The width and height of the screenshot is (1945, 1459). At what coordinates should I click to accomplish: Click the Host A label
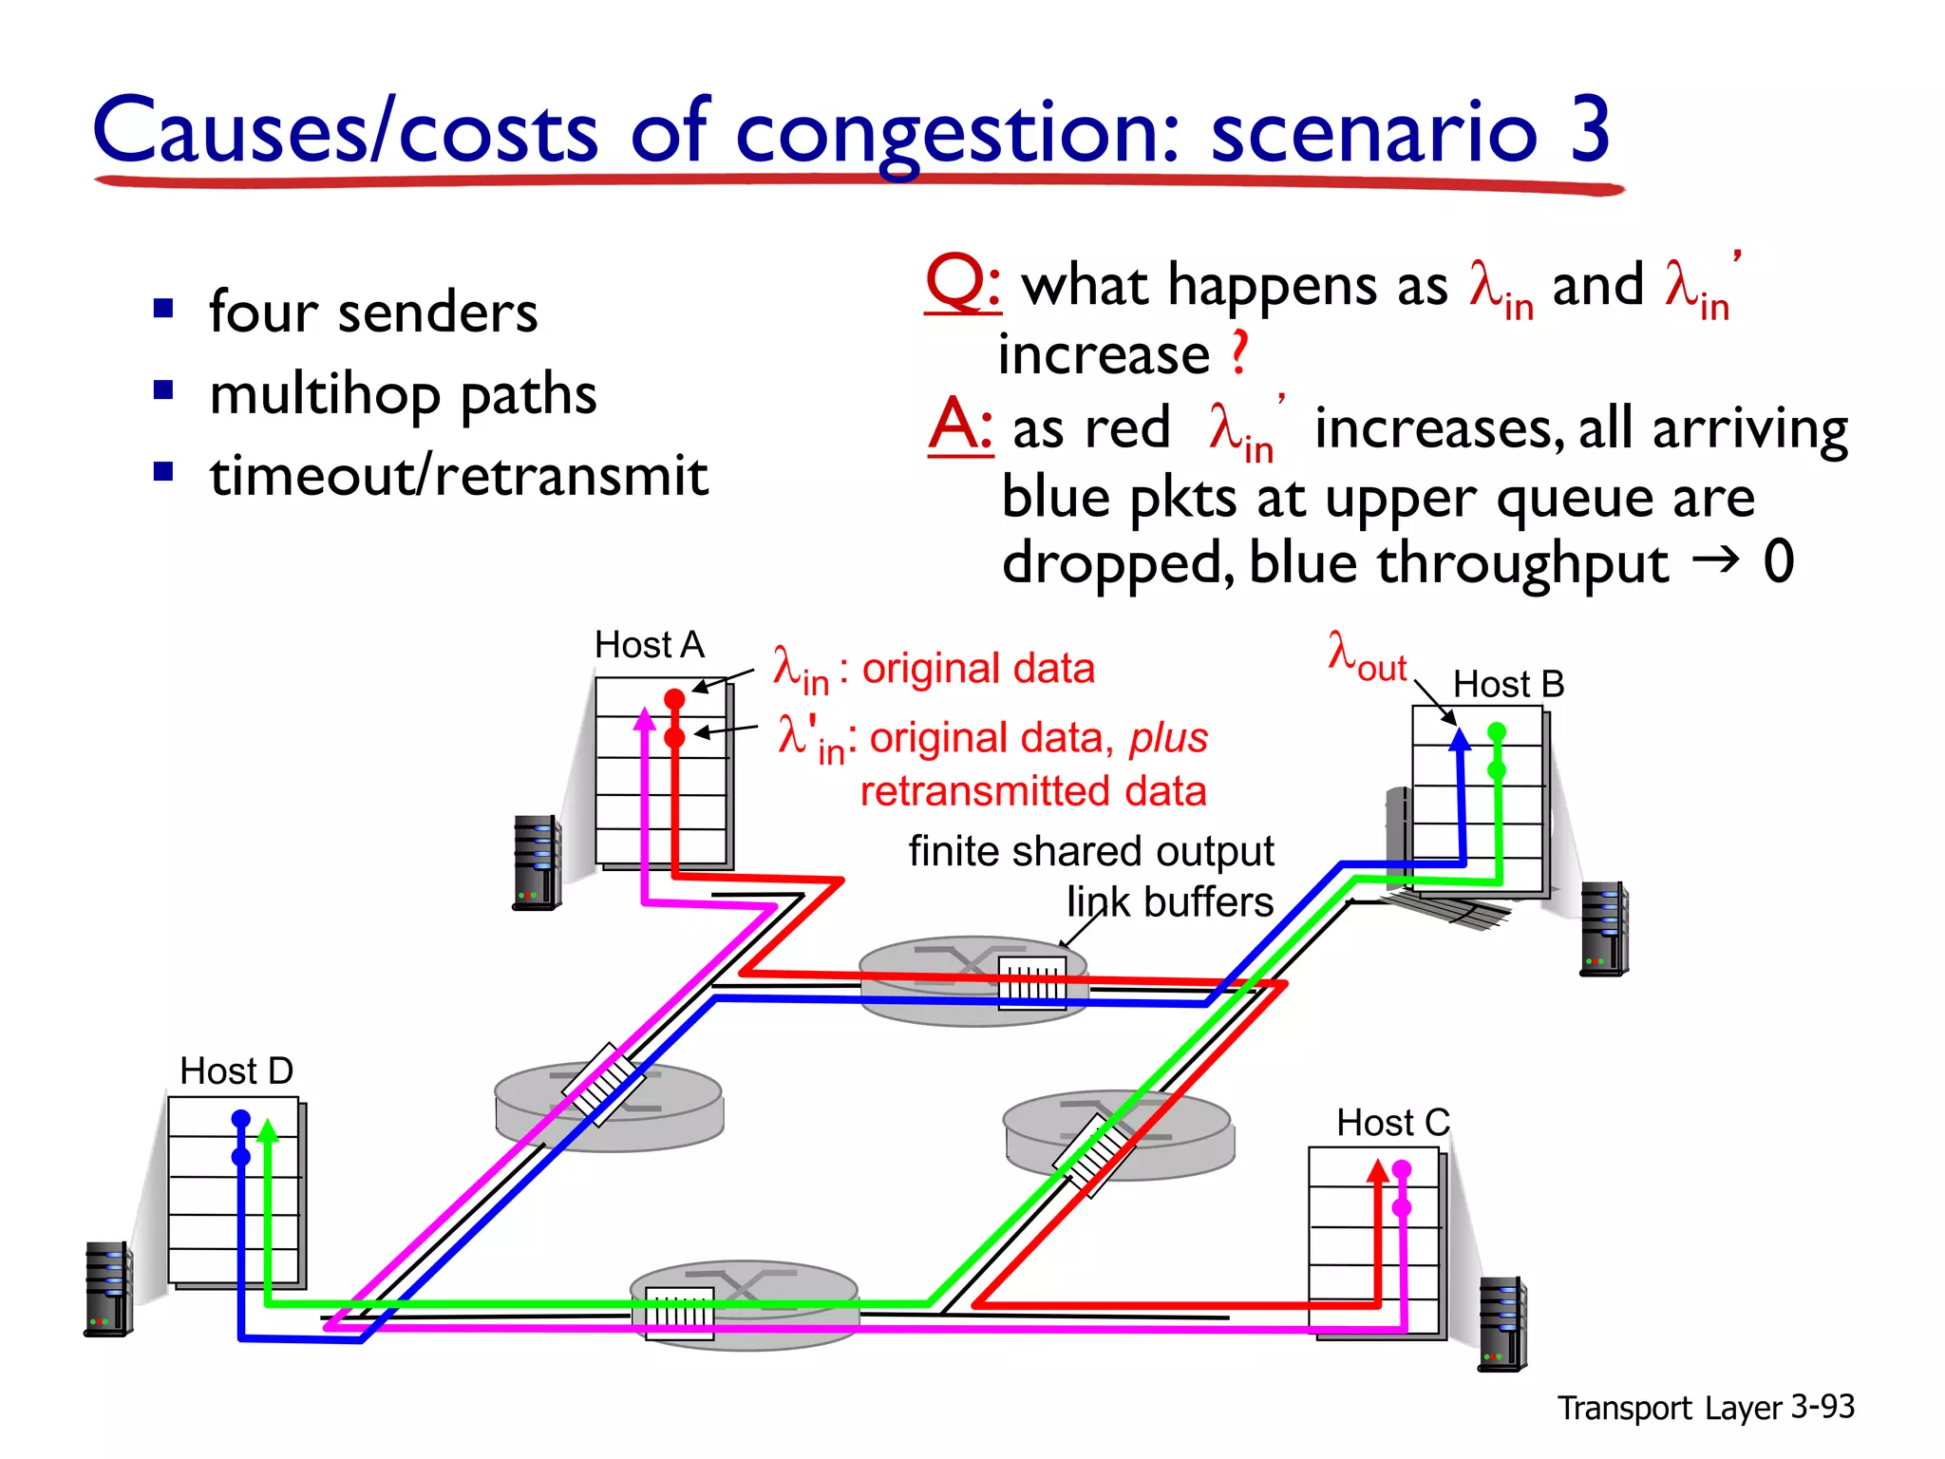649,645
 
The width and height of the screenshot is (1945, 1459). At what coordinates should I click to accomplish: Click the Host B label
1508,684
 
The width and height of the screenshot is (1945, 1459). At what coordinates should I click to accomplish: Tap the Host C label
1392,1123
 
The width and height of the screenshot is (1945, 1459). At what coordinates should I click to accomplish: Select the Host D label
236,1071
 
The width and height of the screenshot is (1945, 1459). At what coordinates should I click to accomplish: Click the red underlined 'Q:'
962,283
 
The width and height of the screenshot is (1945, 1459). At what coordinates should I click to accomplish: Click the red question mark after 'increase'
1238,353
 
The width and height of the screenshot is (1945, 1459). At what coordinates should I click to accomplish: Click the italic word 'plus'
1168,738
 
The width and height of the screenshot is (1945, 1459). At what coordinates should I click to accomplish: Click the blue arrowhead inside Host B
1460,740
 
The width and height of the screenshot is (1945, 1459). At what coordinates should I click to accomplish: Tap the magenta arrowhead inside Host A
645,719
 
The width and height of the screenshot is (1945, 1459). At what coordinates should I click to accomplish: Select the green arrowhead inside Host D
268,1130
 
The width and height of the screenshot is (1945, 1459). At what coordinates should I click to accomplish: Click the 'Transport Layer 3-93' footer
1705,1407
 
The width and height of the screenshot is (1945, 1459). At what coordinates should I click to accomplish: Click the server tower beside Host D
108,1288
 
